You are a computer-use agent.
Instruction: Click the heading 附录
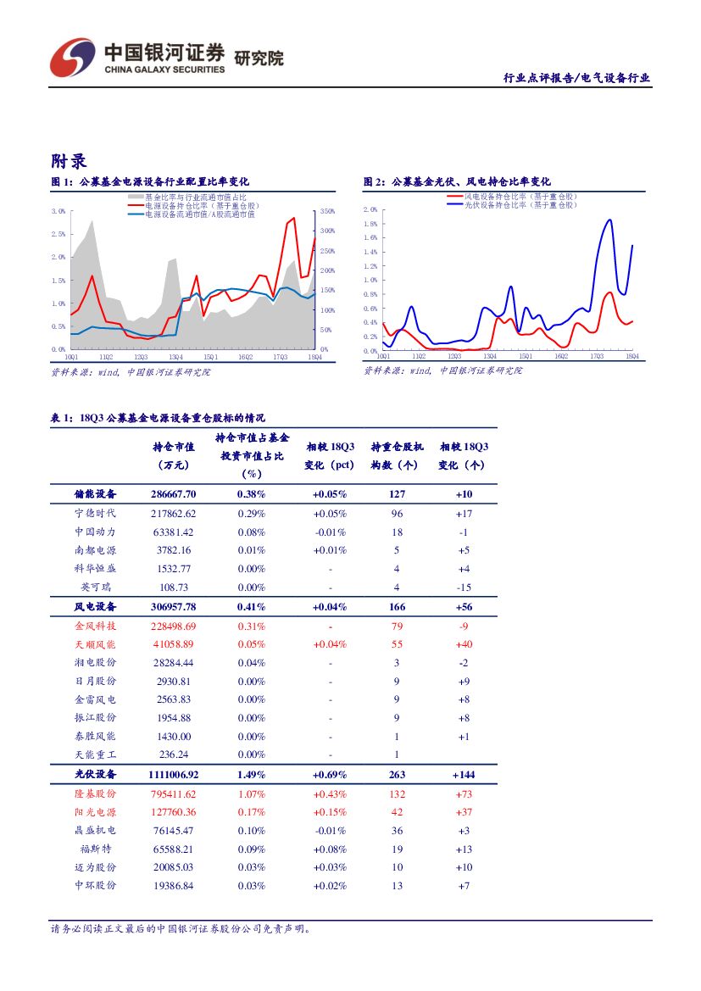coord(69,161)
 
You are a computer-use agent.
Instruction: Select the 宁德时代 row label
coord(95,514)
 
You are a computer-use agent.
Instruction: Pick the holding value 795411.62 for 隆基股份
coord(172,794)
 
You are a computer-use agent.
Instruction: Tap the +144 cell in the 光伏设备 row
coord(464,775)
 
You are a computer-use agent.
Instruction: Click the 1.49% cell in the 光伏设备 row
coord(251,775)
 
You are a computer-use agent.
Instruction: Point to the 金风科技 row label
coord(95,626)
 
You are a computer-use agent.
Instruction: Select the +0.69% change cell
coord(329,775)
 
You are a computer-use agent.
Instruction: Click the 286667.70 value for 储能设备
coord(172,494)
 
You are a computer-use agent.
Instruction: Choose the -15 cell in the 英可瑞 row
coord(464,587)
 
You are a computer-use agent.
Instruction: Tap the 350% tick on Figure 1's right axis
coord(328,211)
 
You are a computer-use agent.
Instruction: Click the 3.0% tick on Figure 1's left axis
coord(58,211)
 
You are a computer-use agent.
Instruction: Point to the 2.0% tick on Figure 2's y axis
coord(370,209)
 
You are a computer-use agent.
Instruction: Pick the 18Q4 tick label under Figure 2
coord(631,357)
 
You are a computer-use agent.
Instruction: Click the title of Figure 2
coord(458,182)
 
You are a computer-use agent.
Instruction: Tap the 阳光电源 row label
coord(95,813)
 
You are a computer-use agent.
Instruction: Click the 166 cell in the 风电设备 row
coord(397,607)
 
